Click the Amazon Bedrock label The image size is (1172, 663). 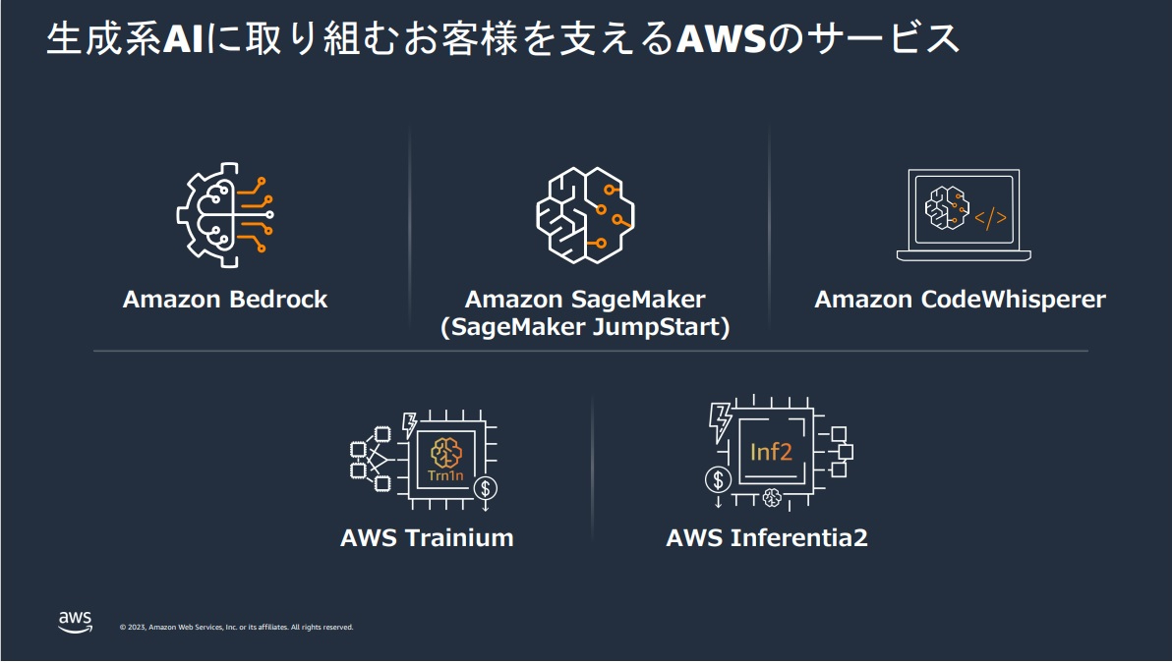click(x=225, y=300)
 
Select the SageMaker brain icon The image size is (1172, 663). click(x=585, y=214)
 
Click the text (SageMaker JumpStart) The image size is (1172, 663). click(x=585, y=328)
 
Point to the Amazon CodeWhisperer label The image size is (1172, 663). click(x=960, y=300)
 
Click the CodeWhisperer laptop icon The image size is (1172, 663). click(x=964, y=215)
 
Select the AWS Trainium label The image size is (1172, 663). click(x=427, y=538)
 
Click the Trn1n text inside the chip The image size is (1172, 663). click(x=446, y=476)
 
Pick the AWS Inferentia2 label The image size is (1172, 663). click(x=767, y=538)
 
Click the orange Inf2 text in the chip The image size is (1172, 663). click(x=771, y=452)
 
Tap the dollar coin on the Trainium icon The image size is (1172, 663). click(x=485, y=487)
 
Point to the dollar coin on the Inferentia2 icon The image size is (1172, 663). click(x=719, y=479)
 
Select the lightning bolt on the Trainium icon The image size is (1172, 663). click(x=408, y=425)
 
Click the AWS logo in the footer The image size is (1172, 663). click(x=75, y=621)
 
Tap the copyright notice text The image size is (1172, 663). click(x=236, y=627)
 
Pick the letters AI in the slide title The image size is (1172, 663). click(x=182, y=40)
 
